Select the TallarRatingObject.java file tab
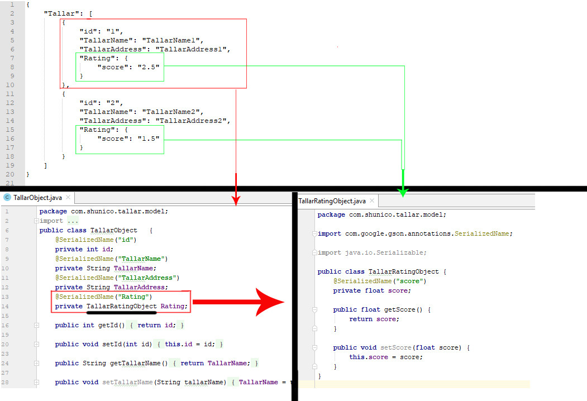pos(332,201)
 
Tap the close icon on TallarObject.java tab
pos(68,197)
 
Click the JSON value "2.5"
pos(149,67)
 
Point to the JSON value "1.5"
pos(149,139)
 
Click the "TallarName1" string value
pos(173,40)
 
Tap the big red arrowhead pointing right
pos(270,303)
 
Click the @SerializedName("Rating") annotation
pos(103,297)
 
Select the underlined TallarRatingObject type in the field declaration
pos(121,306)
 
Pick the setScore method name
pos(397,347)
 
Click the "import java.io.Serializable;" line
pos(372,252)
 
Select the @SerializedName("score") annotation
pos(380,281)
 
